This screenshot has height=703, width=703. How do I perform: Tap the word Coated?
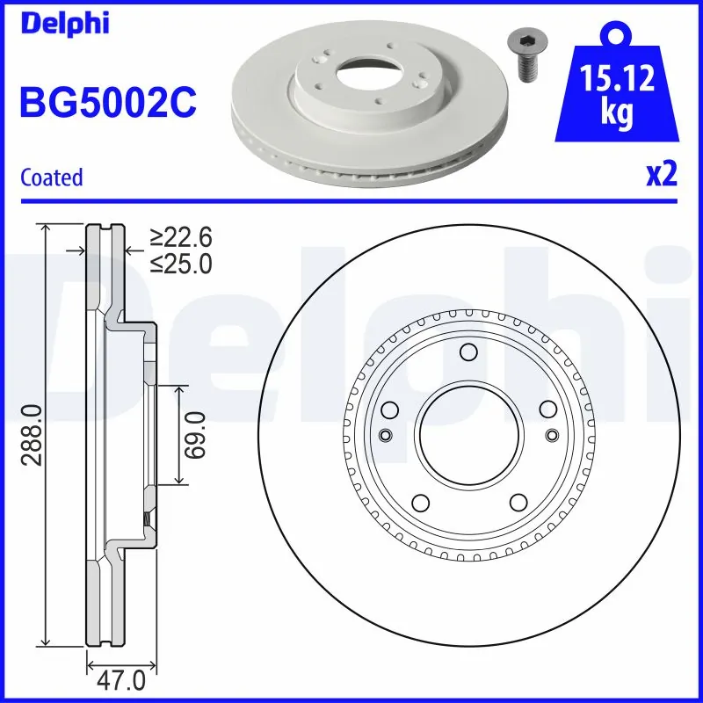point(51,178)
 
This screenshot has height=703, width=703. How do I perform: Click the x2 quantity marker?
point(661,175)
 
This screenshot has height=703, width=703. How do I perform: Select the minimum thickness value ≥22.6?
point(181,237)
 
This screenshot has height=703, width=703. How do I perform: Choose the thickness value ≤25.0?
point(181,263)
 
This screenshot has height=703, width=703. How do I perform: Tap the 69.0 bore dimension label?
point(195,435)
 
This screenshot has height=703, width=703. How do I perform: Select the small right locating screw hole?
point(552,435)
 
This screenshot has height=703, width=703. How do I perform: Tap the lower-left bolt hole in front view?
point(420,503)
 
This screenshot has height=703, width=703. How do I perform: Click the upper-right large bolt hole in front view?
point(547,409)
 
